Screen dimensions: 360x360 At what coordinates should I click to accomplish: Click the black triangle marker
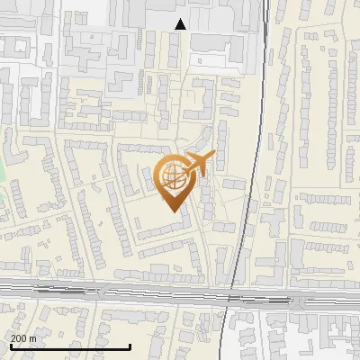[181, 24]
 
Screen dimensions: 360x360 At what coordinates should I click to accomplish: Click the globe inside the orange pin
[172, 175]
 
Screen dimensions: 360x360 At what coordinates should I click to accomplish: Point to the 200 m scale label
[24, 337]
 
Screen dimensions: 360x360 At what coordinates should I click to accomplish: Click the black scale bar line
[70, 346]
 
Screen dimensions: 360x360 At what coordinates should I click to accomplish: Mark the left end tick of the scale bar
[11, 345]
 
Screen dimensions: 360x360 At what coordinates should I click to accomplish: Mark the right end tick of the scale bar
[130, 345]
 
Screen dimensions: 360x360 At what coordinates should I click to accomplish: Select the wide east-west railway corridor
[135, 292]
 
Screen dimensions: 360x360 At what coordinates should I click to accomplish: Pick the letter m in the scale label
[33, 337]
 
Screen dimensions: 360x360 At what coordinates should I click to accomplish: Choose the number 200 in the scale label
[19, 337]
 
